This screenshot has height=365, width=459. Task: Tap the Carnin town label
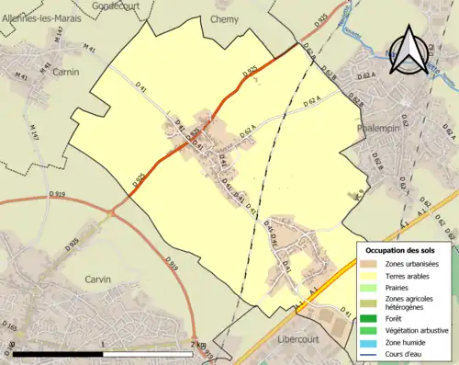(65, 71)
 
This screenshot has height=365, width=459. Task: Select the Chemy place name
(225, 18)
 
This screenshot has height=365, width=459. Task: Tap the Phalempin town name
(379, 129)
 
